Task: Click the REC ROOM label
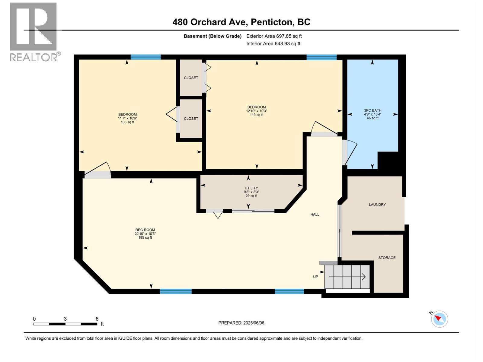145,230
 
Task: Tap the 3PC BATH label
373,110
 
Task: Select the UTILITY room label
251,188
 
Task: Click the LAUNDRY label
377,205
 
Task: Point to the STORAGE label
387,258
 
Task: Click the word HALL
315,214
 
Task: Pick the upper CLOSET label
191,78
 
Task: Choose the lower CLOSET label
191,119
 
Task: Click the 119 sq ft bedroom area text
257,115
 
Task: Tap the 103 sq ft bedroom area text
127,122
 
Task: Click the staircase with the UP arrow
347,277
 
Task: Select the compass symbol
439,319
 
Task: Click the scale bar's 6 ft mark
97,319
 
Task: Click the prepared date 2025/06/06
254,323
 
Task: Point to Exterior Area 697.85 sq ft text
274,36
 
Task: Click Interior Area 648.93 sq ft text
273,44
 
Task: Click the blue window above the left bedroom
146,57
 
